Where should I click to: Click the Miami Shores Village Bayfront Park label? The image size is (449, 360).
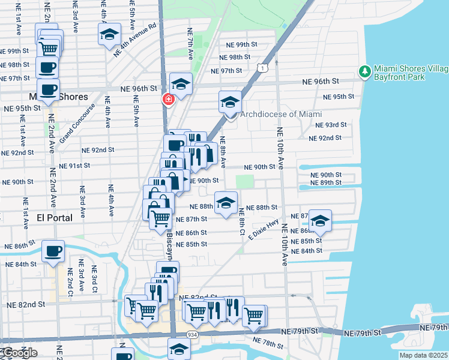[x=408, y=73]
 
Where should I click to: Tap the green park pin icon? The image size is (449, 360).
[x=364, y=73]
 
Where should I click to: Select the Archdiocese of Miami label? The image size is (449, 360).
[x=281, y=115]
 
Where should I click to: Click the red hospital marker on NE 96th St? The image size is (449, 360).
[x=169, y=99]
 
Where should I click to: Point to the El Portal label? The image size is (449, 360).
[x=55, y=217]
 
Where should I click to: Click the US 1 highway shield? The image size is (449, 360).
[x=263, y=68]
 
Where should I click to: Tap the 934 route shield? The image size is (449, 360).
[x=191, y=334]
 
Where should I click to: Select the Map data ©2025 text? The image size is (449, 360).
[x=424, y=355]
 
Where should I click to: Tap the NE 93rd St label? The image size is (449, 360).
[x=332, y=125]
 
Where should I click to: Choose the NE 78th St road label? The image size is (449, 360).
[x=268, y=343]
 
